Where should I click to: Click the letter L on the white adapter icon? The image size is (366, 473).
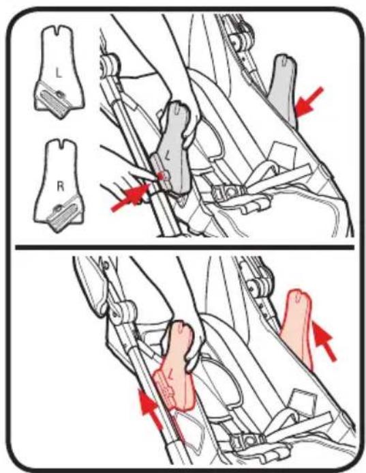click(59, 73)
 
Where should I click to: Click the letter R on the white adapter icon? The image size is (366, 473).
click(61, 187)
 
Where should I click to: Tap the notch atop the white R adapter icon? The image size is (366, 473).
click(62, 143)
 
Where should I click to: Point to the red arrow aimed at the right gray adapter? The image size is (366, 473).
click(309, 101)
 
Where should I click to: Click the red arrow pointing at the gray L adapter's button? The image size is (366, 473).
click(130, 197)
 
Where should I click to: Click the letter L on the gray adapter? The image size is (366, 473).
click(169, 156)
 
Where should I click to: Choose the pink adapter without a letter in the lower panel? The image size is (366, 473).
click(296, 329)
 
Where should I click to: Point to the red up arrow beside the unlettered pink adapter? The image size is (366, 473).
click(324, 341)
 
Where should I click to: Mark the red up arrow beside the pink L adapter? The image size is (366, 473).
click(150, 409)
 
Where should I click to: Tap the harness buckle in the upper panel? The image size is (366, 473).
click(228, 192)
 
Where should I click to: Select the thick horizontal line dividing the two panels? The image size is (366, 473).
click(185, 247)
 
